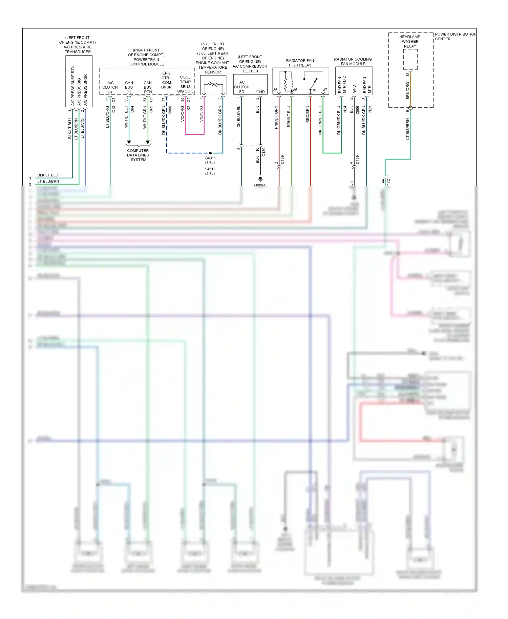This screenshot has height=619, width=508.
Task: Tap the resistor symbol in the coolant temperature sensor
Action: [x=213, y=84]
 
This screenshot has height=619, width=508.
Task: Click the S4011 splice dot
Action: [x=210, y=153]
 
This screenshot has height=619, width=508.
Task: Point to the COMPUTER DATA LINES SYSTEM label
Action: [x=138, y=155]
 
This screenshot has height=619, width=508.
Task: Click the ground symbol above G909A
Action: [x=260, y=179]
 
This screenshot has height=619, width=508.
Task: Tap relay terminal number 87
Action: [x=325, y=90]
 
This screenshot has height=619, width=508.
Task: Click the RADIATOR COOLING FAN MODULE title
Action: [x=353, y=61]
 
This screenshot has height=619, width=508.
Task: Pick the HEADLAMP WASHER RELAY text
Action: [x=410, y=41]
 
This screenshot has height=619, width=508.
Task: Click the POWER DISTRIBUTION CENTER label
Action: [x=455, y=37]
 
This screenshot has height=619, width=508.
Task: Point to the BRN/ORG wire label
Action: [x=408, y=91]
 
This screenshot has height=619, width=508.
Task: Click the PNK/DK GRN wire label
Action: [x=276, y=117]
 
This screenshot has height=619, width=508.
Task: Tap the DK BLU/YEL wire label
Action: [x=239, y=116]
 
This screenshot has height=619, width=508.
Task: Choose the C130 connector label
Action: [x=263, y=152]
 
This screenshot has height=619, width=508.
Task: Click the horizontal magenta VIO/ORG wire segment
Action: [x=195, y=134]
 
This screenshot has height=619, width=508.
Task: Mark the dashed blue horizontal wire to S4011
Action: [x=188, y=153]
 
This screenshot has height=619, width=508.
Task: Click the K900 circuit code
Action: [x=170, y=110]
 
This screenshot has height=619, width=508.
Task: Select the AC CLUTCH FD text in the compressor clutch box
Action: [x=242, y=87]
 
